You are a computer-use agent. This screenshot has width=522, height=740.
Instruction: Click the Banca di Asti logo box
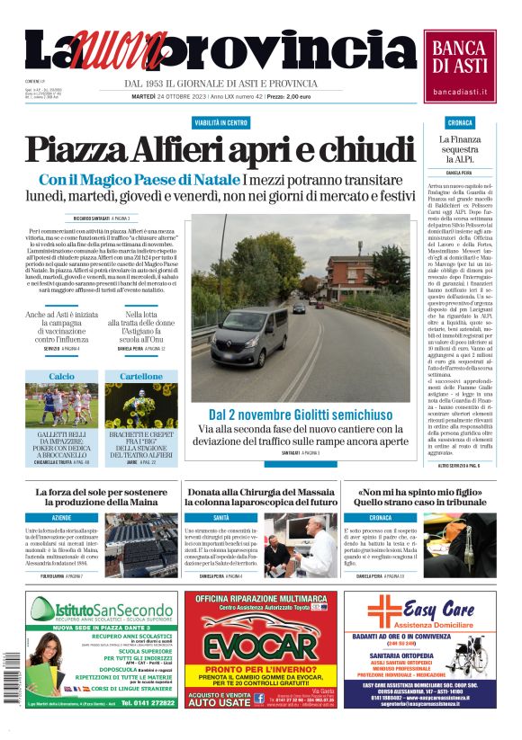[459, 66]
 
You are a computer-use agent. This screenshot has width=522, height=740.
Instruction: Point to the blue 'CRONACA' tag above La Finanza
[460, 122]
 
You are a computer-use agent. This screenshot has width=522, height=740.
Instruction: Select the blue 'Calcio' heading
[61, 376]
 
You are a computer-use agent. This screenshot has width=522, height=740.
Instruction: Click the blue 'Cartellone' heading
[141, 376]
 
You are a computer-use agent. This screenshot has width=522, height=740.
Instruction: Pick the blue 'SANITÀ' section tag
[220, 519]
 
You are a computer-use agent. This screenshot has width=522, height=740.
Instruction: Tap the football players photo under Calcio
[61, 406]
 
